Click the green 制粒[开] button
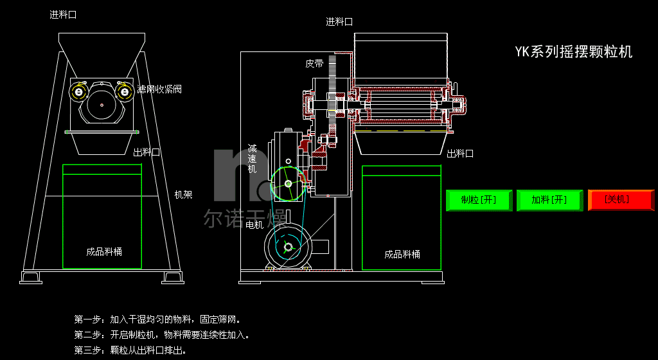(479, 200)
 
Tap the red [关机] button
(621, 200)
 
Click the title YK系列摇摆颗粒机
(573, 52)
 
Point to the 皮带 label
(314, 64)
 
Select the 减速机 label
(253, 158)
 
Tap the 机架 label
(183, 194)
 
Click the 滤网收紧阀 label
(159, 89)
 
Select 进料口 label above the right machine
(339, 21)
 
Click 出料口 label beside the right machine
(459, 154)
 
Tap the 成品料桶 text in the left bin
(104, 251)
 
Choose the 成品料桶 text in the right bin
(402, 254)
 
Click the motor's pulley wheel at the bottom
(287, 247)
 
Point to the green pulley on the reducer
(287, 184)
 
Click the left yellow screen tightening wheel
(79, 92)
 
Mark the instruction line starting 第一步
(157, 319)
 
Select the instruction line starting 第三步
(130, 350)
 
